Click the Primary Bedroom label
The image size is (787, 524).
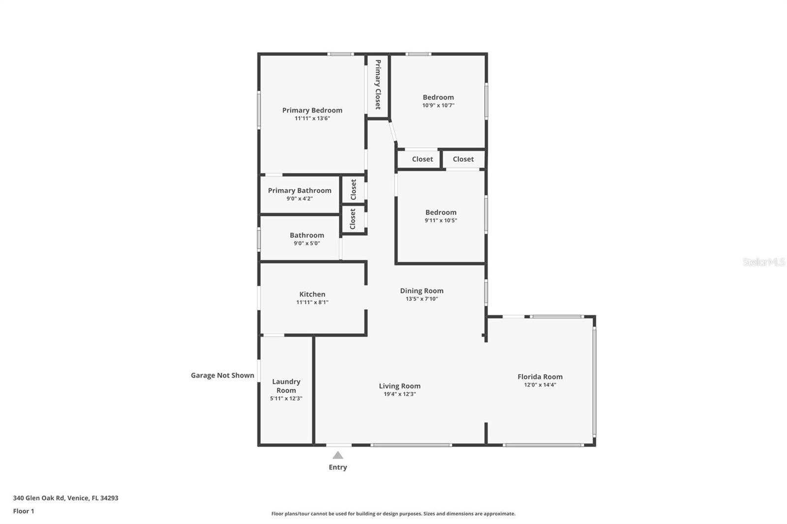point(312,110)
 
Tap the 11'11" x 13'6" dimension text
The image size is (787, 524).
point(312,118)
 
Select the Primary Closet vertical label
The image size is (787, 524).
point(378,85)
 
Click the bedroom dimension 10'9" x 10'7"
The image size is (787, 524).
point(438,105)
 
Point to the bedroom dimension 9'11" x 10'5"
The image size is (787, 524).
point(441,221)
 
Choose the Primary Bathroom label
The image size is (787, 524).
point(300,190)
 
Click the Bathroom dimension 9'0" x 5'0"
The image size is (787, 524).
point(306,243)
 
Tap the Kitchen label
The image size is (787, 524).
point(312,294)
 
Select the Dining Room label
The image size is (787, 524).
point(422,291)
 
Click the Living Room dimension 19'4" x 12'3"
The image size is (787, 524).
point(399,394)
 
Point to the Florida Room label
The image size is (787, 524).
point(540,377)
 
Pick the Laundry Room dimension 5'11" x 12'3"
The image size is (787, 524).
point(286,399)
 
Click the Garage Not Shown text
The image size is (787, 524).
point(222,375)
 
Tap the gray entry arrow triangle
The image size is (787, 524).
point(337,456)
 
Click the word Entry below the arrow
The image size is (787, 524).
point(337,467)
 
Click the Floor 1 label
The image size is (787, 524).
point(24,511)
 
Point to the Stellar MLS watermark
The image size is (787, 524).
point(763,262)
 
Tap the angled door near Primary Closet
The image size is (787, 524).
point(393,131)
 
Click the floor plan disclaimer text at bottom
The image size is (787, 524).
point(393,514)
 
